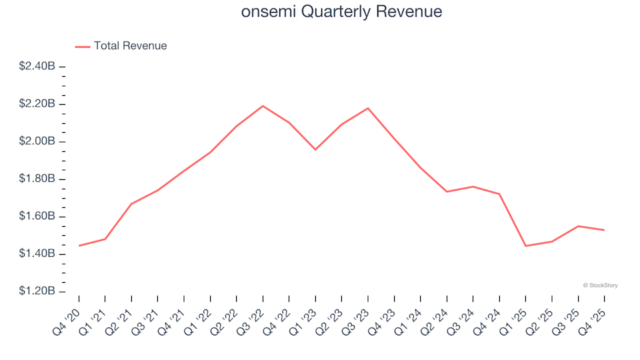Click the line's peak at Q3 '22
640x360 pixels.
point(263,106)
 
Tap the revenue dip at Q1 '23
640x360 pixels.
point(315,149)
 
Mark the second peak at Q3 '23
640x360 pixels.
point(368,108)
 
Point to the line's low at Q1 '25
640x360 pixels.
point(525,246)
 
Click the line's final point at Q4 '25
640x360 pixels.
point(604,230)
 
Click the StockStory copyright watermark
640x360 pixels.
point(600,285)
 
